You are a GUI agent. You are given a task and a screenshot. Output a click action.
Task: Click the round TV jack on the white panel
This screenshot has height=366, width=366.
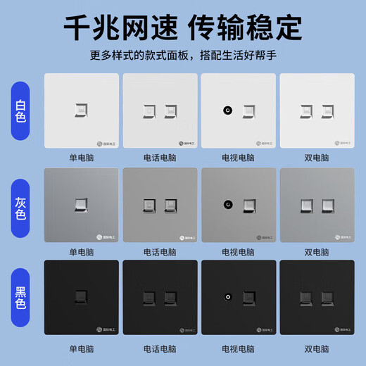click(228, 111)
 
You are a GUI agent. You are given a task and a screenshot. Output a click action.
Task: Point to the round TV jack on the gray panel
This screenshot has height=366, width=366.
click(228, 205)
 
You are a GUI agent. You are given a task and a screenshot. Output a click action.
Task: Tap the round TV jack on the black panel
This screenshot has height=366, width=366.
click(228, 298)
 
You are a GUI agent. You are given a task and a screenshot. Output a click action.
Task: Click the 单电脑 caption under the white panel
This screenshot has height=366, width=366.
click(82, 158)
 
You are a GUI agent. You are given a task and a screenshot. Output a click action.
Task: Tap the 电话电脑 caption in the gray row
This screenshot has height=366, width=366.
click(159, 252)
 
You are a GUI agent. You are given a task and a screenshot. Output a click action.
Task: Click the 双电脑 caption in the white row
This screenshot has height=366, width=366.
click(316, 158)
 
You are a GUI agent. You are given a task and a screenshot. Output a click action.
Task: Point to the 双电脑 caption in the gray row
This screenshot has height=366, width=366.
click(316, 252)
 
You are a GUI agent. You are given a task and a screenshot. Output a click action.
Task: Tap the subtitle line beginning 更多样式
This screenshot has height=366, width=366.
click(182, 56)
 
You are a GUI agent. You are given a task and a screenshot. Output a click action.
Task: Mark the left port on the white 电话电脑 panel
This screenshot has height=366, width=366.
click(149, 111)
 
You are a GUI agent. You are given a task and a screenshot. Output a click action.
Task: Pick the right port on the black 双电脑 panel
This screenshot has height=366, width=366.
click(327, 298)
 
